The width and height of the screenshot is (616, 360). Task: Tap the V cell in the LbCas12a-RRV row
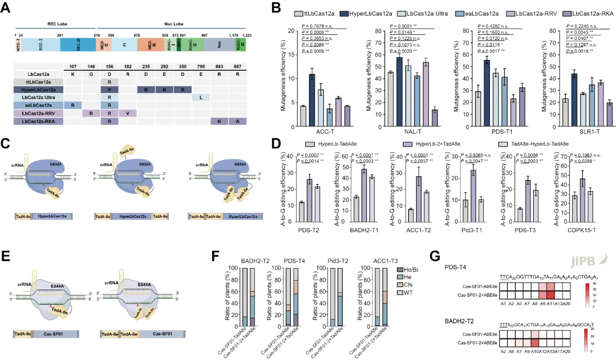[x=127, y=113]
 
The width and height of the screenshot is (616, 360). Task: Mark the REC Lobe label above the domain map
[x=57, y=25]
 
